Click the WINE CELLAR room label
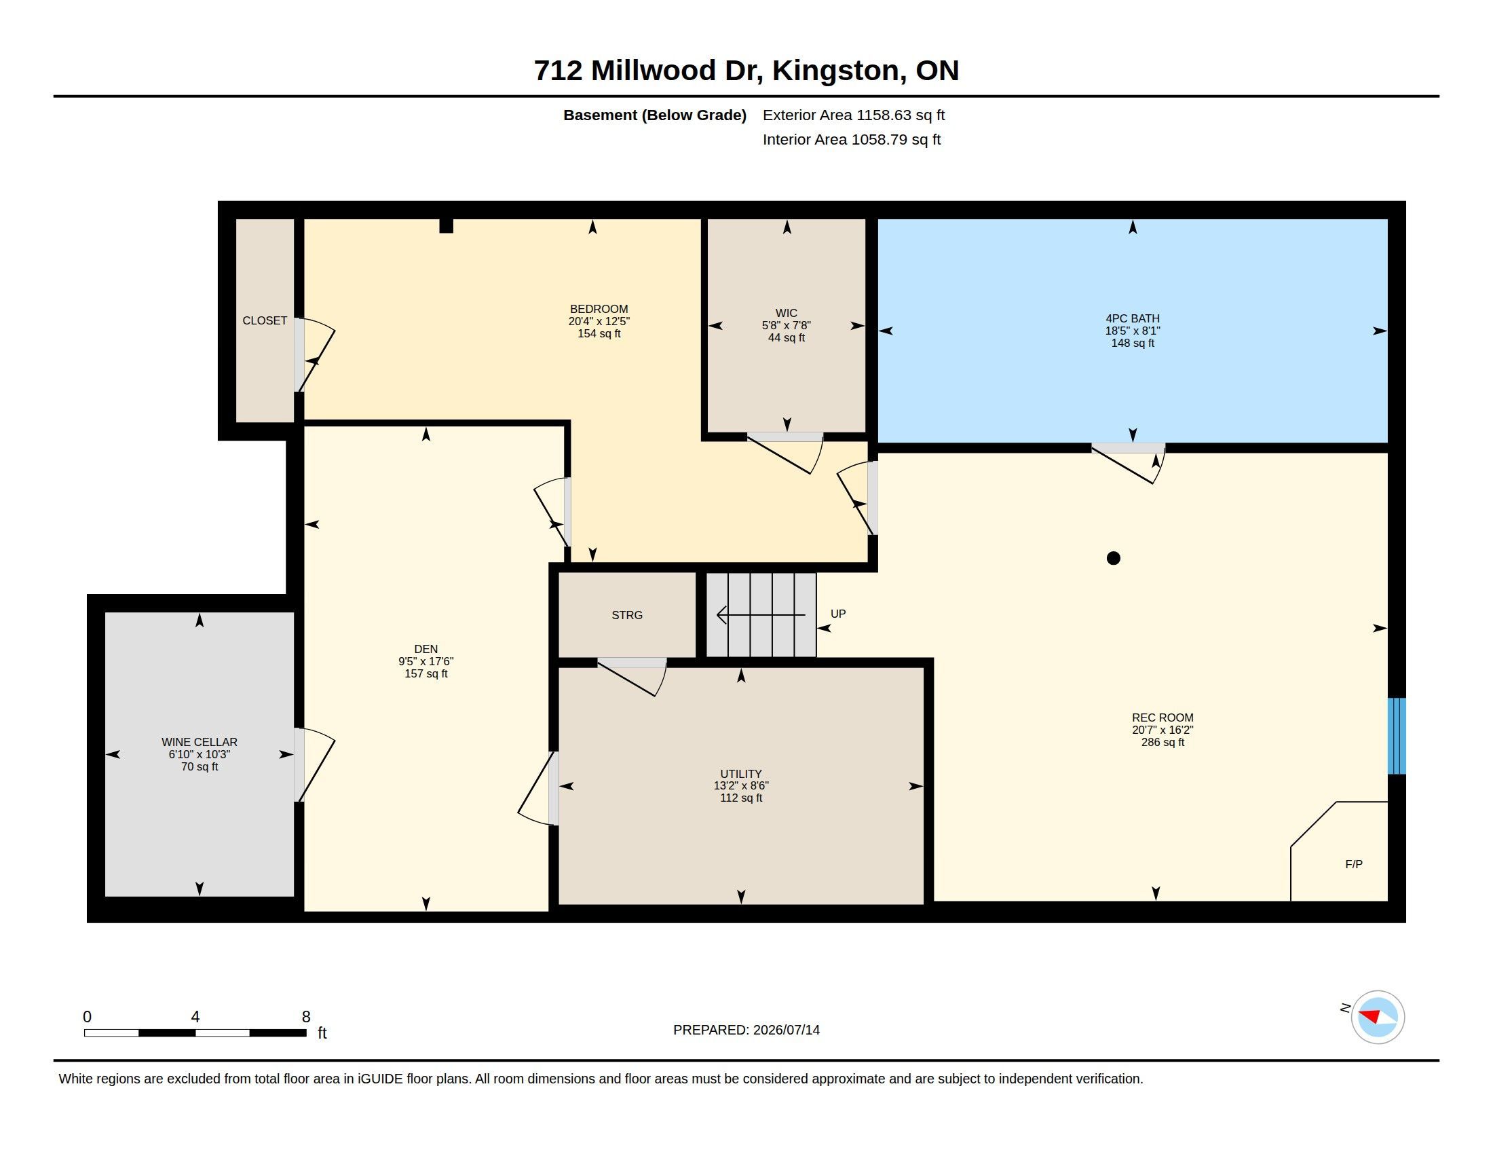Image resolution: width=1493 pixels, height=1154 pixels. pos(200,742)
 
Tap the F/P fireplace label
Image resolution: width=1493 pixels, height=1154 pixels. pos(1354,864)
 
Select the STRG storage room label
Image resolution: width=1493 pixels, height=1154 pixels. pos(627,615)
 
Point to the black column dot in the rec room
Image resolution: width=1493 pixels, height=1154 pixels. pos(1113,559)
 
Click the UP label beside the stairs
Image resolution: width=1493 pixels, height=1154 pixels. pos(838,614)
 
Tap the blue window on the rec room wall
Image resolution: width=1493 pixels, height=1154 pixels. pos(1397,736)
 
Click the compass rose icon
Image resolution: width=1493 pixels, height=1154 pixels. pos(1378,1017)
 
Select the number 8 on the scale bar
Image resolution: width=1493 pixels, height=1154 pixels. pos(306,1017)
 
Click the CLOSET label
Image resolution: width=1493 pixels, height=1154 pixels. pos(265,320)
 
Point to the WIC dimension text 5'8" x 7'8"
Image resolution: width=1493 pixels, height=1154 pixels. pos(786,325)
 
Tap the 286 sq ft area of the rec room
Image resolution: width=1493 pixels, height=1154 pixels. pos(1163,743)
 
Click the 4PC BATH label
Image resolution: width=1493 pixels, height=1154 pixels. pos(1133,318)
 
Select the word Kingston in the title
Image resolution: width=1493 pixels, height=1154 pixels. pos(835,71)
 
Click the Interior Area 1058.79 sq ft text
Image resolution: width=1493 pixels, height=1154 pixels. pos(852,139)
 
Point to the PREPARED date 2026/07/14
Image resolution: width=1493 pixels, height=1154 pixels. pos(786,1030)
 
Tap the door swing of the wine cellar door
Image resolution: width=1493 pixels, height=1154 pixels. pos(316,764)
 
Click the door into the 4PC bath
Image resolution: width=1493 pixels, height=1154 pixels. pos(1128,464)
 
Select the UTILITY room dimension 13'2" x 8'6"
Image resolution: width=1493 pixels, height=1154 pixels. pos(741,785)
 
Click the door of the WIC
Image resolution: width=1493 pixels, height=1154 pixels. pos(785,453)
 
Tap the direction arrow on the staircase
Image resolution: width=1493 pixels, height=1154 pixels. pos(761,615)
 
